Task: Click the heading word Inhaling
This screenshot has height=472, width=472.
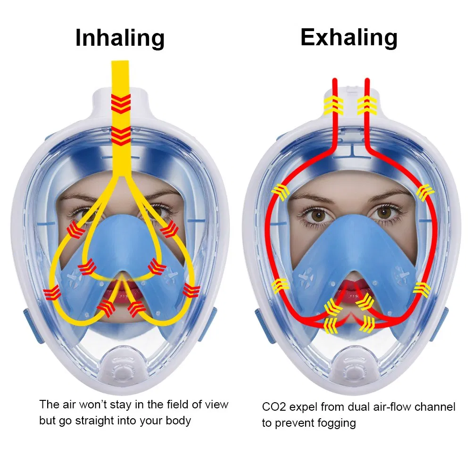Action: tap(120, 38)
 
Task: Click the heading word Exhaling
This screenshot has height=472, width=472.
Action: tap(349, 38)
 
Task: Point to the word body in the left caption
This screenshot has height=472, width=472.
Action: tap(178, 421)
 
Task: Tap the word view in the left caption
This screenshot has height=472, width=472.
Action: tap(216, 405)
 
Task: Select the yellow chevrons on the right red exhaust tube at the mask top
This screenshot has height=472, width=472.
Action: tap(367, 105)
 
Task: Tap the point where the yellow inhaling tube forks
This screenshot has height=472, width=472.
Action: tap(121, 176)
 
